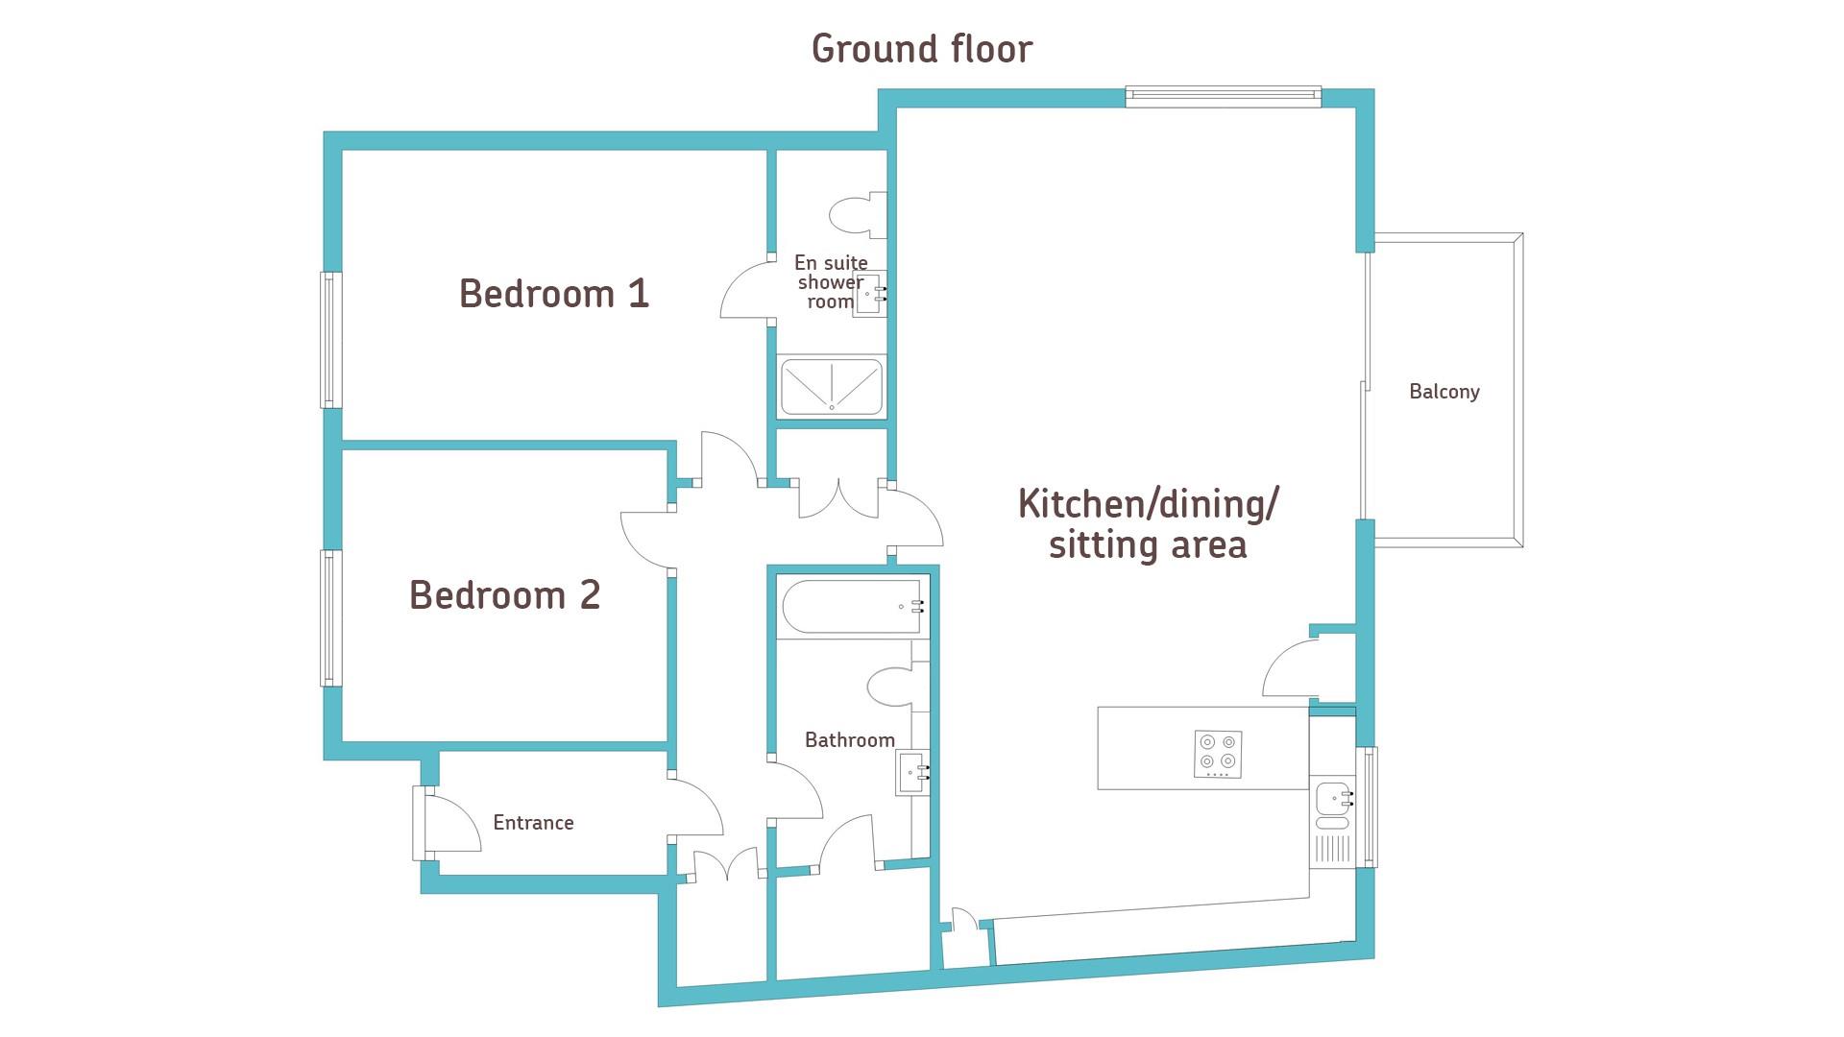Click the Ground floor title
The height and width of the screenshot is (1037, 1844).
pos(922,49)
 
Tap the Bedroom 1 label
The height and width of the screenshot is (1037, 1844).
pos(554,293)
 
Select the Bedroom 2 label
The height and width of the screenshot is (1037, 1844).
pos(505,595)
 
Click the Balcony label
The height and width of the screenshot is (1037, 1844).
pos(1444,392)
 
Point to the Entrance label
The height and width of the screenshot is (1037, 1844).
pos(533,823)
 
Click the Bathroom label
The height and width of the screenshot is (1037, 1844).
pos(850,740)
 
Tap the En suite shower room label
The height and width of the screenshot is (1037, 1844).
pos(831,282)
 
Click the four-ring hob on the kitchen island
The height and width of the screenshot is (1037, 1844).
pos(1219,755)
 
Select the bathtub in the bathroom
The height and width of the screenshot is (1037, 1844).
pos(853,607)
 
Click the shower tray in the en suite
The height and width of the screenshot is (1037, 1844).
pos(832,387)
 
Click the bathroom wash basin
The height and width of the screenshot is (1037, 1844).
pos(912,773)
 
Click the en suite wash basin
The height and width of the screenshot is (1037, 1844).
pos(869,293)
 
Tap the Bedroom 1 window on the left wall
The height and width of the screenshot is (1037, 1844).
pos(330,340)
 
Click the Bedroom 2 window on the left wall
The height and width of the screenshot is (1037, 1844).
pos(330,617)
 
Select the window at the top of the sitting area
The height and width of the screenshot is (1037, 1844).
pos(1223,95)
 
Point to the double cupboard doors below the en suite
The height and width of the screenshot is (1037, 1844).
pos(839,498)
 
